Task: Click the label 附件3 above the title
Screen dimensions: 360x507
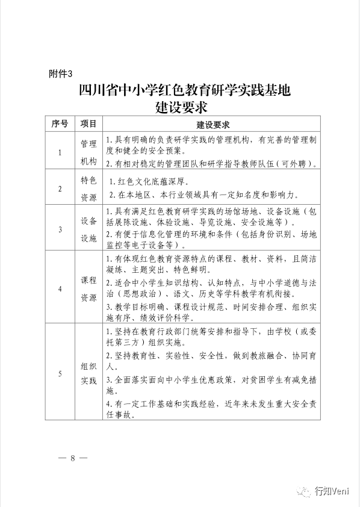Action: pyautogui.click(x=60, y=74)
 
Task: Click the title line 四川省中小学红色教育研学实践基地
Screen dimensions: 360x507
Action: pyautogui.click(x=185, y=91)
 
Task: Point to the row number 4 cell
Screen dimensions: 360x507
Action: pyautogui.click(x=60, y=288)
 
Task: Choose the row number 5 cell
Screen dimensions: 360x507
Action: pyautogui.click(x=60, y=373)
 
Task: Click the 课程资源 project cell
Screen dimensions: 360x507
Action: pyautogui.click(x=88, y=288)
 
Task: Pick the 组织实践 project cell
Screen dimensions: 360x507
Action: pyautogui.click(x=88, y=373)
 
